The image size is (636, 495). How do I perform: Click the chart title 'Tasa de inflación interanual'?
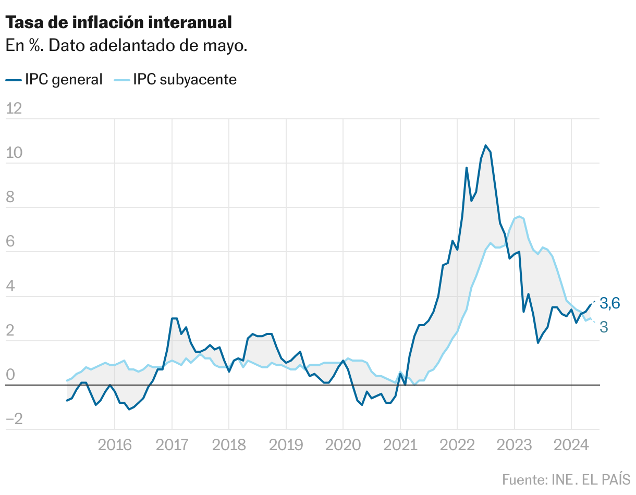pyautogui.click(x=118, y=22)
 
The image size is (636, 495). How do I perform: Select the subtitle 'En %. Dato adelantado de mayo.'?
pyautogui.click(x=126, y=46)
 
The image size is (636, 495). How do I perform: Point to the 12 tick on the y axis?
pyautogui.click(x=14, y=108)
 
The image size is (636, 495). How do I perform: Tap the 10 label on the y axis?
pyautogui.click(x=14, y=153)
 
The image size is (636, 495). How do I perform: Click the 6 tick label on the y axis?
pyautogui.click(x=10, y=242)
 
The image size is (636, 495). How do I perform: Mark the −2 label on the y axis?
pyautogui.click(x=14, y=419)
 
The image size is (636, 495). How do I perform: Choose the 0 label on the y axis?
pyautogui.click(x=10, y=375)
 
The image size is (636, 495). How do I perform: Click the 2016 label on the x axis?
pyautogui.click(x=114, y=445)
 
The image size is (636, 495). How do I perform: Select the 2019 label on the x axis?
pyautogui.click(x=286, y=445)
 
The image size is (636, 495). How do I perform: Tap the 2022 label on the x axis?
pyautogui.click(x=457, y=445)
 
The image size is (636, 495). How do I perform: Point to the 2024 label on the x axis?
pyautogui.click(x=571, y=445)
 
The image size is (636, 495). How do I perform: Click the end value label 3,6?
pyautogui.click(x=609, y=303)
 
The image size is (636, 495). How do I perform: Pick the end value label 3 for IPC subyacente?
pyautogui.click(x=604, y=327)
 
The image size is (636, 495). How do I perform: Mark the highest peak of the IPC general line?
pyautogui.click(x=485, y=145)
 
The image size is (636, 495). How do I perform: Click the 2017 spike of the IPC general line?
pyautogui.click(x=174, y=318)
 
